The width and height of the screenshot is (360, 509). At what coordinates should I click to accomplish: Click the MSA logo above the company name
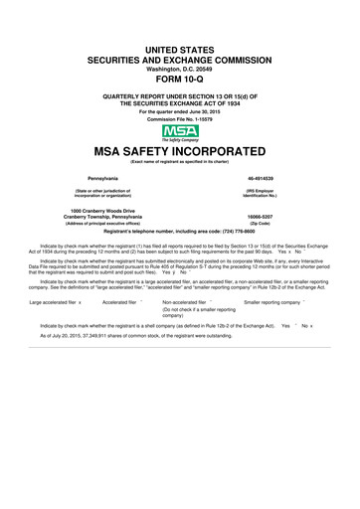tap(179, 131)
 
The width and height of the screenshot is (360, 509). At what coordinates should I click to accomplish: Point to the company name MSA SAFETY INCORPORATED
tap(179, 152)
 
